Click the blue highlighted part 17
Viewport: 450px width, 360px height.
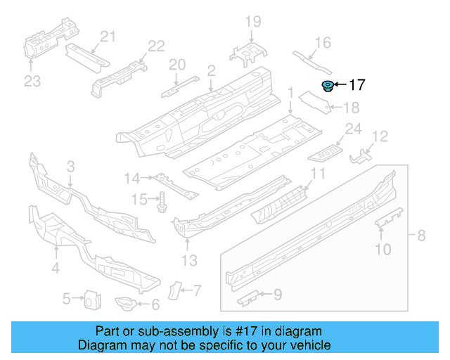click(327, 86)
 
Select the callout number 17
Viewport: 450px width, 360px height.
click(357, 85)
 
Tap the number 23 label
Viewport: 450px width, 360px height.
click(32, 82)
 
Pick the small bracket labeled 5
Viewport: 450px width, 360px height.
click(90, 300)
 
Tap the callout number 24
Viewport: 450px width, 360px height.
click(352, 129)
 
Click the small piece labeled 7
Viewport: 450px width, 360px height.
click(177, 288)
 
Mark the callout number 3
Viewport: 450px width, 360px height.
click(70, 167)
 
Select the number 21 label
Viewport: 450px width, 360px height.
click(107, 37)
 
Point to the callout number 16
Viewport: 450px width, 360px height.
click(322, 44)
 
